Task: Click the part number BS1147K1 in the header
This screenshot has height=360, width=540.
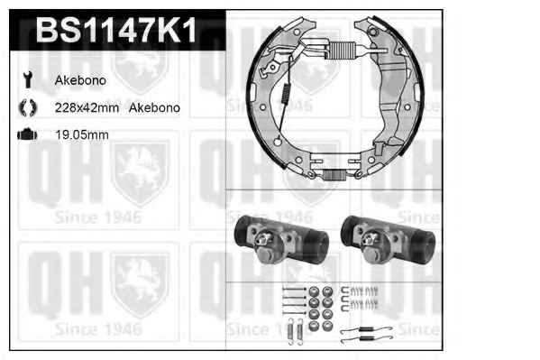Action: click(116, 31)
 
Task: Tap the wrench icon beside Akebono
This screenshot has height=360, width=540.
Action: click(28, 79)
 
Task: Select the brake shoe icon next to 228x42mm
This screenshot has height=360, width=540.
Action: click(28, 107)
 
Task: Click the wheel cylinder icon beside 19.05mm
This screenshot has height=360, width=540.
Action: click(27, 134)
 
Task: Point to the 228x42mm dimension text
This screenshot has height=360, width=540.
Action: click(87, 107)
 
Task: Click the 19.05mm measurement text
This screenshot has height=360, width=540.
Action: click(82, 134)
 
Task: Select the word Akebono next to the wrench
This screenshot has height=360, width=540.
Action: click(80, 80)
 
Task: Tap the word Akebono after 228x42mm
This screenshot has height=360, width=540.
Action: click(154, 107)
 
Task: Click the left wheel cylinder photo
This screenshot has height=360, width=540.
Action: click(281, 240)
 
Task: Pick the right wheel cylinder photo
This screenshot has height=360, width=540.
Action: click(388, 240)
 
